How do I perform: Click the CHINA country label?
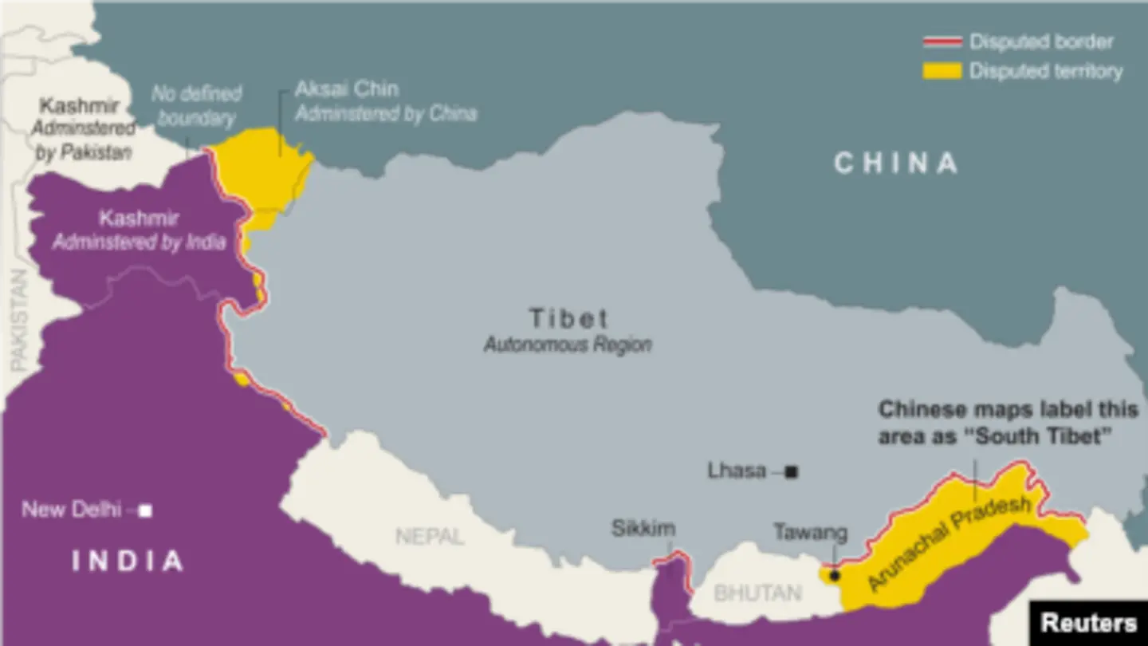895,163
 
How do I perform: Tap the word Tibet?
569,319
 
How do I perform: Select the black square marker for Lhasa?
791,472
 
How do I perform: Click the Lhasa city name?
737,471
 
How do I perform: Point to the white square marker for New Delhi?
145,510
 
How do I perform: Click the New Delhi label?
71,510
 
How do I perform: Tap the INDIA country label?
128,561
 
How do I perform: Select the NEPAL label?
430,536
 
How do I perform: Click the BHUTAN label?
757,593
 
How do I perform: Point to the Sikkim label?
643,528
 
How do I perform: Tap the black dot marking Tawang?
835,574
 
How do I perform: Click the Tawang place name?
810,533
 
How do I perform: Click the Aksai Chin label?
346,89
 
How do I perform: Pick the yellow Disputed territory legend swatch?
942,71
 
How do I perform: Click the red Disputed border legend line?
942,41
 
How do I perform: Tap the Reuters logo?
1089,623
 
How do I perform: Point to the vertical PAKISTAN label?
18,319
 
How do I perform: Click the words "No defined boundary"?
196,106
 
